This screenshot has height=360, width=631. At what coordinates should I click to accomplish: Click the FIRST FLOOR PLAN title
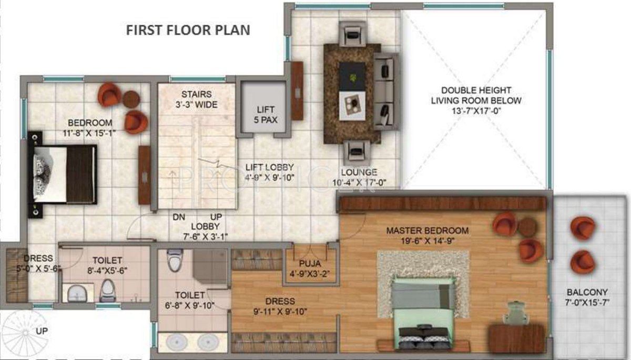[188, 29]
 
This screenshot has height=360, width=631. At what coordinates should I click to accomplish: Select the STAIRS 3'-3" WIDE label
[197, 99]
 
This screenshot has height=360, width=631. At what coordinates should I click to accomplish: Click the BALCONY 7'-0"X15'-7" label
[587, 297]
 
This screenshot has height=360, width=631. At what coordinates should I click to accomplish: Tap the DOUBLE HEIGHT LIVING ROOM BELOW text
[476, 95]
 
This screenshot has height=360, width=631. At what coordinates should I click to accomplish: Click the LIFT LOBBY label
[269, 167]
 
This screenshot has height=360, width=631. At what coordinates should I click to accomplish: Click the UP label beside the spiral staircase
[43, 332]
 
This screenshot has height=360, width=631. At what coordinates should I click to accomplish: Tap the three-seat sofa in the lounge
[386, 91]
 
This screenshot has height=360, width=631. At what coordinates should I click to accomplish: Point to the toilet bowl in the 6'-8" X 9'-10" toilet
[174, 259]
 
